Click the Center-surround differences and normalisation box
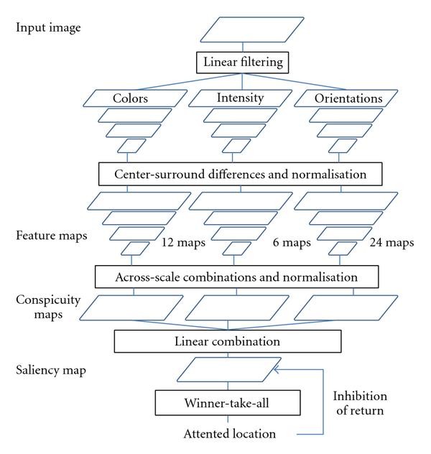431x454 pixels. (238, 173)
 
